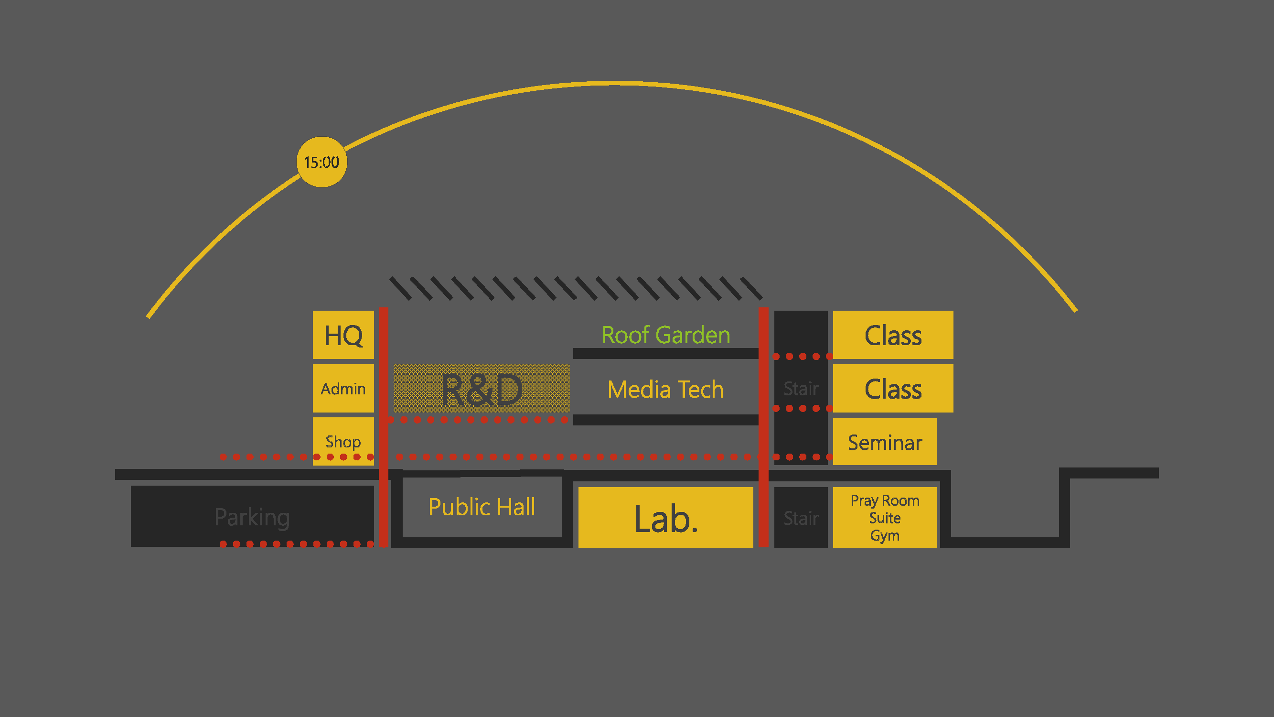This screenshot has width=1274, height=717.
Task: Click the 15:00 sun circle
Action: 321,162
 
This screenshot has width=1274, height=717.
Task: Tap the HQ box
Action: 343,335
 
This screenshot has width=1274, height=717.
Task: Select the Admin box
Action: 343,389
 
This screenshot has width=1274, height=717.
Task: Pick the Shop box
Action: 343,440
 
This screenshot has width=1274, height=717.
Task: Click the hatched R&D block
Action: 482,389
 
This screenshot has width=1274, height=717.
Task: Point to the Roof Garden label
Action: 666,335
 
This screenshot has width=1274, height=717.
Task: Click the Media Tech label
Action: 666,390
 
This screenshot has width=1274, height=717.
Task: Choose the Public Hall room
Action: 482,507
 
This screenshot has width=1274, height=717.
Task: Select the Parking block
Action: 252,517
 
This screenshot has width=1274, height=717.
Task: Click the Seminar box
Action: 885,442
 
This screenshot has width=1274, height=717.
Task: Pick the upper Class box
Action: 893,335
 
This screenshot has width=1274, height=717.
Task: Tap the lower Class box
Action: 893,389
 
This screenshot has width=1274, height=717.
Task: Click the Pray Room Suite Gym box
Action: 885,518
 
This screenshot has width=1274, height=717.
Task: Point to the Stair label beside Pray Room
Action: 801,518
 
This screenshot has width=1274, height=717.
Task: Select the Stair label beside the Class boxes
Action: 801,389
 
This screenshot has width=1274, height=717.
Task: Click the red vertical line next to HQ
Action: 383,425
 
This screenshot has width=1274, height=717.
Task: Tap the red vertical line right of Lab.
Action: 763,425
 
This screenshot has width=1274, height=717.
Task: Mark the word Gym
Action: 885,536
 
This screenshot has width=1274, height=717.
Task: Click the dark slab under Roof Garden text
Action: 666,353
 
